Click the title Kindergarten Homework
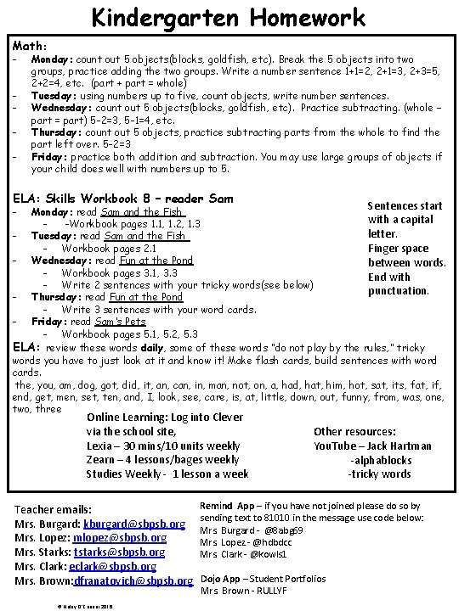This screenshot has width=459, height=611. click(229, 17)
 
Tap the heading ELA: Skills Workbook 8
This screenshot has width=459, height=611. click(124, 198)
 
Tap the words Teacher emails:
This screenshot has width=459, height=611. click(54, 510)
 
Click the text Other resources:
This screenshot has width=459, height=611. click(354, 432)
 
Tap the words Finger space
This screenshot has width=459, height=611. click(398, 249)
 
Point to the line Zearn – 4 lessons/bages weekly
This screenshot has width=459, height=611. click(162, 459)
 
